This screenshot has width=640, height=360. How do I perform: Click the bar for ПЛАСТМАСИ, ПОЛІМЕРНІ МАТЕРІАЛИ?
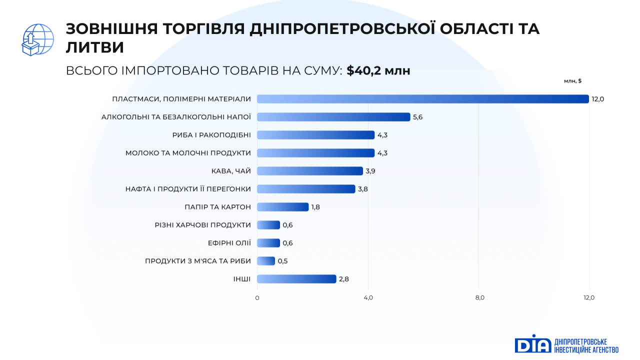pyautogui.click(x=423, y=99)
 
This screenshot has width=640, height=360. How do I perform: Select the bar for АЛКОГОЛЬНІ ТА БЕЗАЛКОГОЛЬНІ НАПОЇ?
pyautogui.click(x=333, y=117)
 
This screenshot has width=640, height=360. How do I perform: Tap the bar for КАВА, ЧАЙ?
pyautogui.click(x=310, y=171)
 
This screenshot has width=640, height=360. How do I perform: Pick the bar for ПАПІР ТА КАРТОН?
pyautogui.click(x=283, y=207)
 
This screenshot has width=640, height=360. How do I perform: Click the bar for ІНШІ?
pyautogui.click(x=296, y=279)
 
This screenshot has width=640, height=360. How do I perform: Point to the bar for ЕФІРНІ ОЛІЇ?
pyautogui.click(x=268, y=243)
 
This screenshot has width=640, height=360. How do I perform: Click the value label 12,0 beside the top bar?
pyautogui.click(x=598, y=99)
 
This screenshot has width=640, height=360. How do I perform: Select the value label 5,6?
pyautogui.click(x=418, y=117)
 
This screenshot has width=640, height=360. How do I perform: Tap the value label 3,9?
pyautogui.click(x=370, y=171)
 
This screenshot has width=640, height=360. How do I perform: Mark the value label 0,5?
pyautogui.click(x=282, y=261)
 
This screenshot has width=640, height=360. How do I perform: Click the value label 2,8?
pyautogui.click(x=344, y=279)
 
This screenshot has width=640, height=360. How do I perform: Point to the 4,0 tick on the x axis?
pyautogui.click(x=368, y=298)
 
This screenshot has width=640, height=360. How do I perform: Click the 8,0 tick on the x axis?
pyautogui.click(x=479, y=298)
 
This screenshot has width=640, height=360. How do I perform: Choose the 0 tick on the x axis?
pyautogui.click(x=257, y=298)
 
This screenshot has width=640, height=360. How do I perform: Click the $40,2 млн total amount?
pyautogui.click(x=378, y=71)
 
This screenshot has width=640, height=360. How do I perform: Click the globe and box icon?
pyautogui.click(x=38, y=40)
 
